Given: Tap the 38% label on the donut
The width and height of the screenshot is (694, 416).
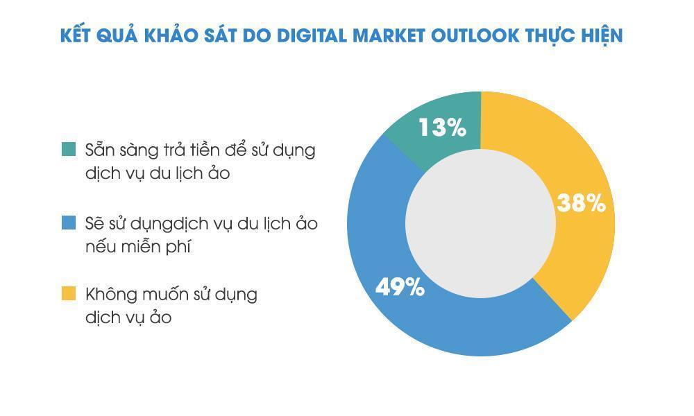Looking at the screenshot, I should pos(582,203).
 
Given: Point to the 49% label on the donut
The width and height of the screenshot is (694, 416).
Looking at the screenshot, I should pos(400,286).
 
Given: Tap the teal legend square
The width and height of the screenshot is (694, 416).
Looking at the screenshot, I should pos(68,149).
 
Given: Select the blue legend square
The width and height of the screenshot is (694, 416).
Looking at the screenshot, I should pos(68,223).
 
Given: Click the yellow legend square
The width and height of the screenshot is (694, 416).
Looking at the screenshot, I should pos(68,294).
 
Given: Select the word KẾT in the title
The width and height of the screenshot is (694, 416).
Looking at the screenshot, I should pos(78,35).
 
